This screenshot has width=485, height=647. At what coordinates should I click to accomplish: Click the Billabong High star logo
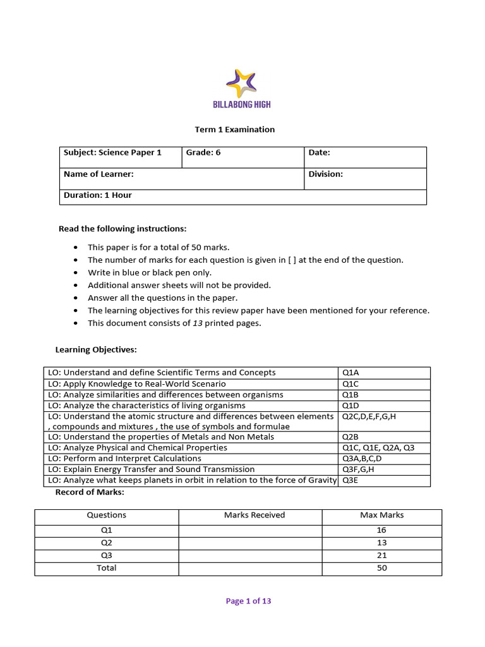(x=242, y=83)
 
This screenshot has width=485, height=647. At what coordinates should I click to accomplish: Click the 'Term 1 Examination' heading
(x=234, y=130)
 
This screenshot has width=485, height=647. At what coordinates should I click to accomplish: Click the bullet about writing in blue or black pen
(x=150, y=272)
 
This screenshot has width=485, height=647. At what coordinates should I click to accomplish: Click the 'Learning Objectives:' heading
(x=96, y=349)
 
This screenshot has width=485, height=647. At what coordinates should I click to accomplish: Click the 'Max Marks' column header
(x=381, y=516)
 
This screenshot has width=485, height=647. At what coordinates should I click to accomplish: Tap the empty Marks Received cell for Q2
(x=251, y=543)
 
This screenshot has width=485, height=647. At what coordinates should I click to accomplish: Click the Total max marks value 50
(x=381, y=568)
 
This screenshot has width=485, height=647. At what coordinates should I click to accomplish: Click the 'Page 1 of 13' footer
(x=248, y=601)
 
